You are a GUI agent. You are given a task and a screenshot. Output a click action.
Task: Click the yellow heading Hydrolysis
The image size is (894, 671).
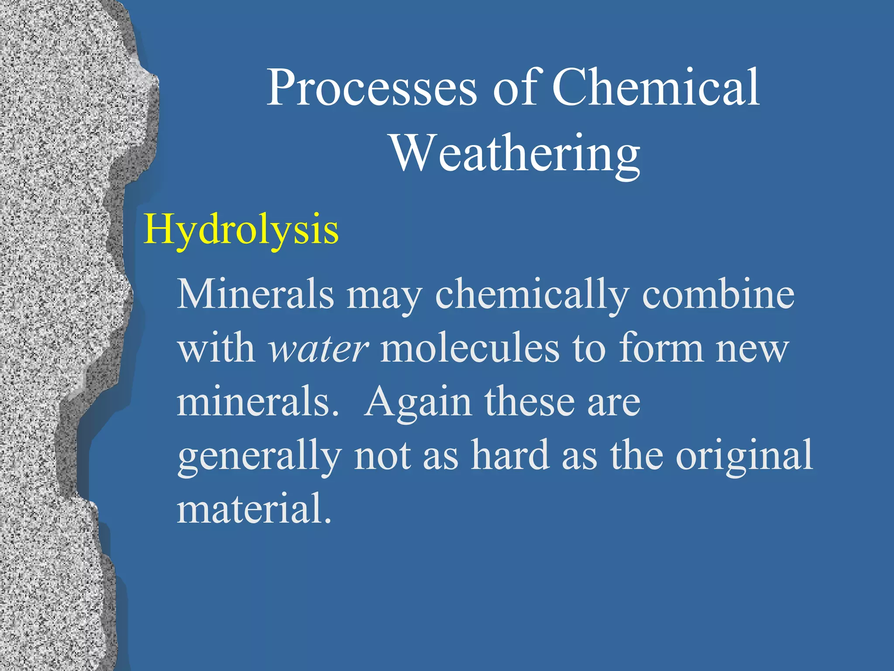241,230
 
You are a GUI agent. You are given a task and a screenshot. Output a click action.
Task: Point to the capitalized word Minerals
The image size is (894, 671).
255,295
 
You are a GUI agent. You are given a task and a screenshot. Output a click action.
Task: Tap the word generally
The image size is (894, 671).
259,458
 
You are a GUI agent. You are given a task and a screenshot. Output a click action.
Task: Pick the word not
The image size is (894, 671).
382,457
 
